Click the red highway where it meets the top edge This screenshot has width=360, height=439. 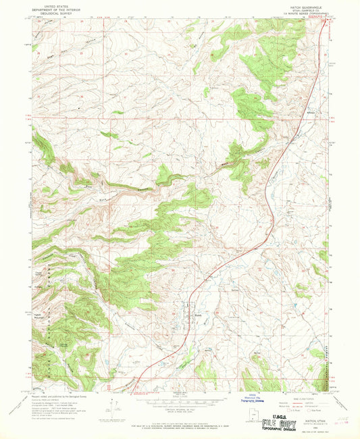click(328, 19)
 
